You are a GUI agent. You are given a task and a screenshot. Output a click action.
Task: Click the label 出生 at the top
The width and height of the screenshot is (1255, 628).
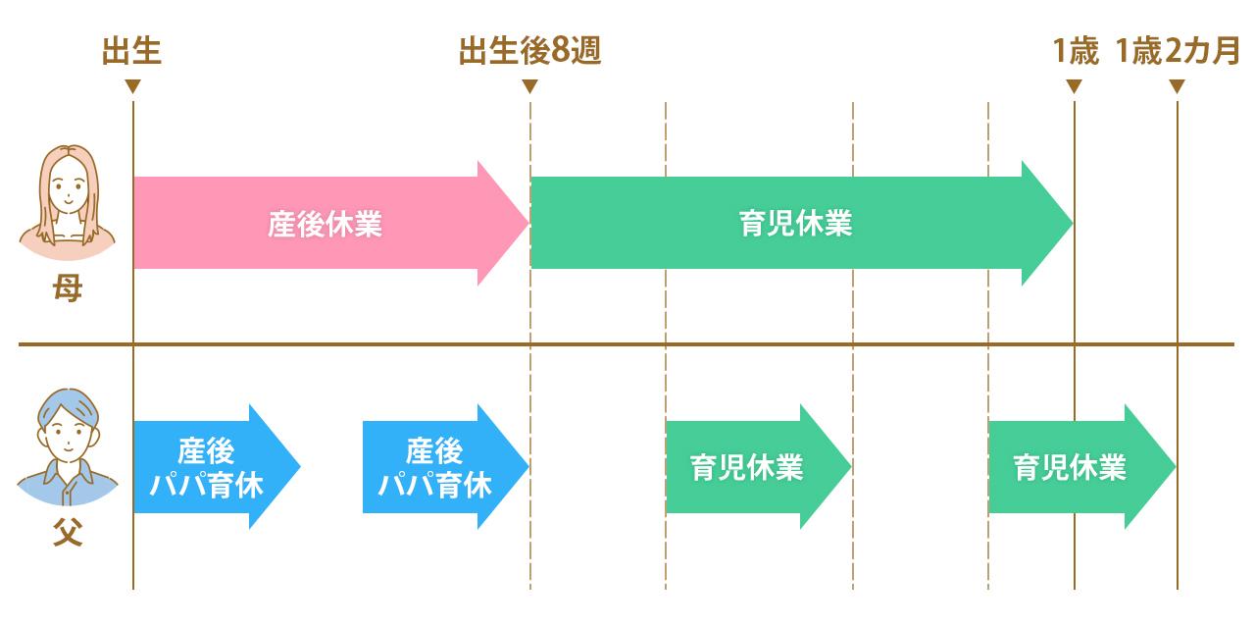coord(132,51)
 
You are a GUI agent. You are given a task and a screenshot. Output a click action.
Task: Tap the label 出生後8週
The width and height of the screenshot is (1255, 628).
coord(529,51)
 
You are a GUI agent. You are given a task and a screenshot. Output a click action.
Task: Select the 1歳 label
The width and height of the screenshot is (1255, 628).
coord(1075,51)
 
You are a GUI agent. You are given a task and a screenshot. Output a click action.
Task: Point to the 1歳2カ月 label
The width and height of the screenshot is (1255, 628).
coord(1178,51)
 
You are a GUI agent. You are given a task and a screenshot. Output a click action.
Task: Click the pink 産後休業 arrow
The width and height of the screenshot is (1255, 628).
coord(324,224)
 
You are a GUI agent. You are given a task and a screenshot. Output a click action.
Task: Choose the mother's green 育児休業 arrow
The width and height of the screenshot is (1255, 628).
coord(794,224)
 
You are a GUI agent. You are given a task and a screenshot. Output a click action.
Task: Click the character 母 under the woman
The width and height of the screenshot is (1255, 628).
coord(68,289)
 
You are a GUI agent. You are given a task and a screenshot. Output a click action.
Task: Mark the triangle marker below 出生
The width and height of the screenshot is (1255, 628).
coord(132,86)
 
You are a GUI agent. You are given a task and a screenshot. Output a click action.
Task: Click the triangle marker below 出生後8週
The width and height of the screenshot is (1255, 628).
coord(529,86)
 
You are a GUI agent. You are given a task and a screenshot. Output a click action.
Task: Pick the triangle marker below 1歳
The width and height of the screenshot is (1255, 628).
coord(1074,86)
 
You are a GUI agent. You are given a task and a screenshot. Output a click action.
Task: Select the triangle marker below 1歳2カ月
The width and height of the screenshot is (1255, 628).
coord(1177,86)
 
